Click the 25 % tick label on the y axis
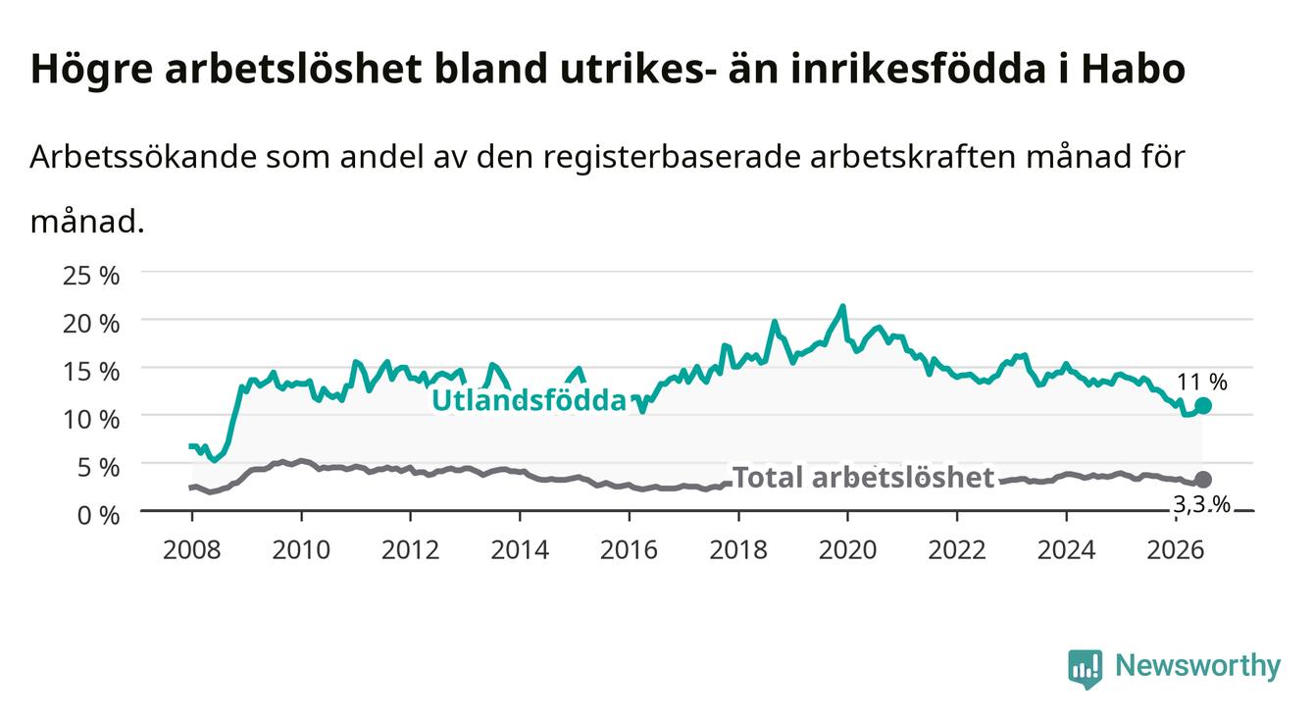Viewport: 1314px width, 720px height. click(x=91, y=276)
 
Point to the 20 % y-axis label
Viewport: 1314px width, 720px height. click(x=91, y=324)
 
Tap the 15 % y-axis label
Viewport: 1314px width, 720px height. click(x=91, y=372)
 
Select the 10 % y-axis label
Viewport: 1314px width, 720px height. click(x=91, y=420)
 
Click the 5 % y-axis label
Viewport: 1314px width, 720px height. click(x=98, y=468)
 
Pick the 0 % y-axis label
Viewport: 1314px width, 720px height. click(x=98, y=516)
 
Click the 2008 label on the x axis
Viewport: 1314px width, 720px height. click(x=192, y=550)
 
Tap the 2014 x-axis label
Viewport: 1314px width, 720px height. click(x=520, y=550)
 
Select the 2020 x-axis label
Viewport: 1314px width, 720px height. click(x=847, y=550)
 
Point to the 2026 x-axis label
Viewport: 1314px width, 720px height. click(x=1176, y=550)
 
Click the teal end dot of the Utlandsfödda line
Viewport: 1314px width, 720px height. click(x=1203, y=405)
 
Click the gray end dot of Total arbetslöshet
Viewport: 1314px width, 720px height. click(x=1203, y=480)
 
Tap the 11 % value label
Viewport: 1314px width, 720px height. click(x=1202, y=383)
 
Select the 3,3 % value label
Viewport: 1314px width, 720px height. click(x=1202, y=504)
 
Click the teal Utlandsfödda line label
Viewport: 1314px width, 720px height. click(x=530, y=401)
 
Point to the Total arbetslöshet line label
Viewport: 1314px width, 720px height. click(x=864, y=478)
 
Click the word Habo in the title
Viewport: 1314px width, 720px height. click(x=1134, y=69)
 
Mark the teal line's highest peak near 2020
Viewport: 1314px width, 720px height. click(x=843, y=306)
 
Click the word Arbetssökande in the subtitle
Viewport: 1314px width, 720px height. click(x=143, y=157)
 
